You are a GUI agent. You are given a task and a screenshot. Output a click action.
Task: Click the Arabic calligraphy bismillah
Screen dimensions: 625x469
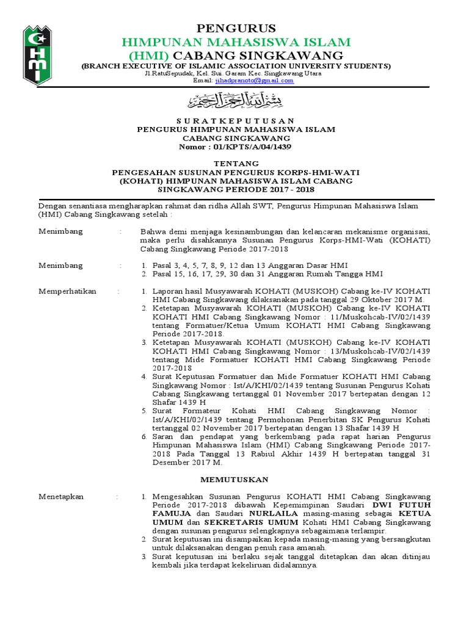236,99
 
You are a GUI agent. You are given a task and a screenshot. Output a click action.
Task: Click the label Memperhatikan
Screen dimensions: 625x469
67,292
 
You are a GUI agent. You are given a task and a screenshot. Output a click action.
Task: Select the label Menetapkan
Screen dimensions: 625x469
60,497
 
